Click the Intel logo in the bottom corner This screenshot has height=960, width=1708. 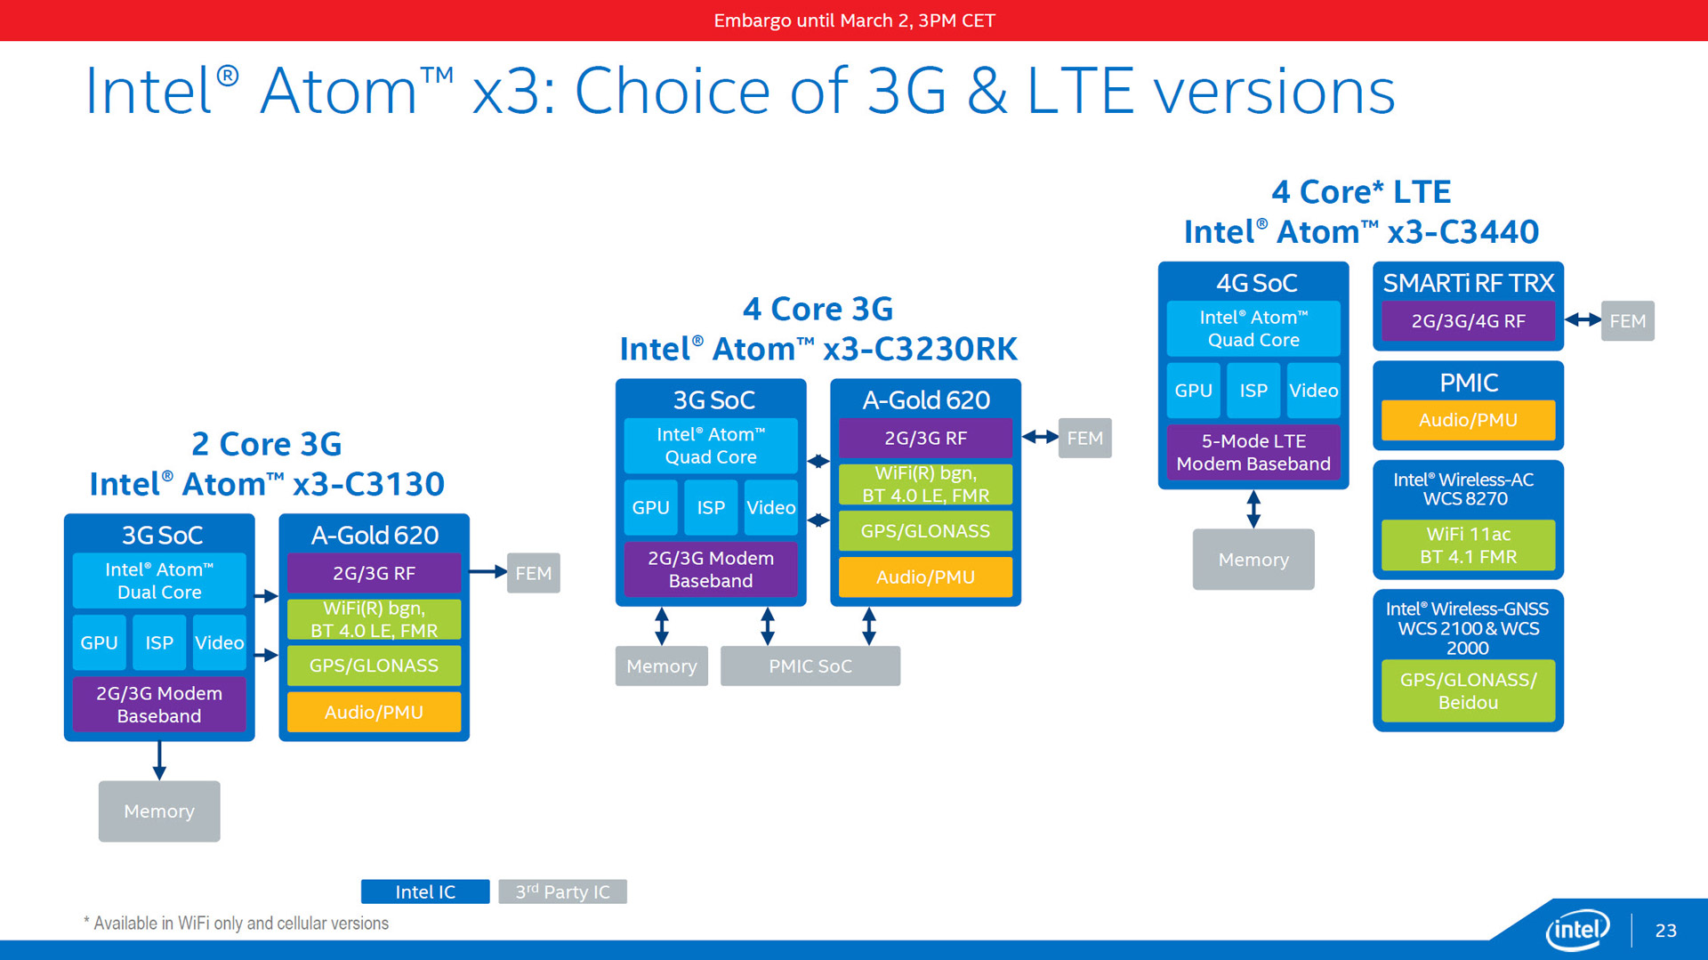tap(1578, 931)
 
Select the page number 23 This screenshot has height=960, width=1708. tap(1665, 931)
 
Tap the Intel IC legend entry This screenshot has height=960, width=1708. tap(425, 891)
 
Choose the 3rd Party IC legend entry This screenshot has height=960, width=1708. tap(563, 891)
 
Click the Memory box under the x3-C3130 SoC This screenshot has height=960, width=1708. tap(159, 811)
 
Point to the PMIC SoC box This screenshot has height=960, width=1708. tap(810, 666)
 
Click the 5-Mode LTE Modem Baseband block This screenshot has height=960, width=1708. tap(1253, 452)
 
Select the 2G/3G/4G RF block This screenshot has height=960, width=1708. tap(1469, 321)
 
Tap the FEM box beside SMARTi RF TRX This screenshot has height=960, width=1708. tap(1628, 321)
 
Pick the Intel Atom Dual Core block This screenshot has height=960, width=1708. tap(159, 581)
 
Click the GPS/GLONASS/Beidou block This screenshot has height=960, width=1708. tap(1469, 691)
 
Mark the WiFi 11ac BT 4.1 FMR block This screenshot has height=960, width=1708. tap(1469, 545)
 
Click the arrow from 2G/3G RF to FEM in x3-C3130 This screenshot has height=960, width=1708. tap(488, 572)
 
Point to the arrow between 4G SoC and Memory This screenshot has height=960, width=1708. tap(1253, 509)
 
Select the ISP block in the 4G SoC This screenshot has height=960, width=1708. tap(1253, 391)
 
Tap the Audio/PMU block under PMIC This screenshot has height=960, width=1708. tap(1469, 420)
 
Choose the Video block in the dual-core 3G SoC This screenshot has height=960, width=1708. tap(220, 642)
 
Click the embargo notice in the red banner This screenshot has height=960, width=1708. tap(854, 20)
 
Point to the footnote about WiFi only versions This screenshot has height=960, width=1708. tap(237, 924)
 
